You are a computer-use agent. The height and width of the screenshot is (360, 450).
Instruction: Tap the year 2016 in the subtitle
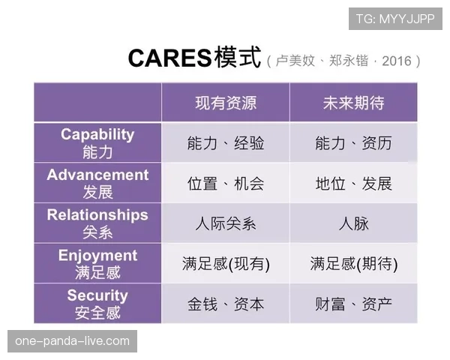click(397, 61)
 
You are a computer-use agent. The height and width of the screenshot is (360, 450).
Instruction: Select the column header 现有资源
click(226, 103)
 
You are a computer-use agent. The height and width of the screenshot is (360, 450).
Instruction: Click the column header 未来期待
click(353, 103)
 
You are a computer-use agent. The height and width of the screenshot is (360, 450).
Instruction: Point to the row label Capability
click(97, 135)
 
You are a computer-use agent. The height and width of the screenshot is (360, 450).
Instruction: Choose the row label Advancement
click(97, 175)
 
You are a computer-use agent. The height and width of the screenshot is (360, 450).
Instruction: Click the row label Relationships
click(97, 215)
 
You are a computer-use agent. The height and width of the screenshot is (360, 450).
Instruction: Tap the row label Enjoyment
click(97, 256)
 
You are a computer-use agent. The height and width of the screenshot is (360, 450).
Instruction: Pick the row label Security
click(97, 295)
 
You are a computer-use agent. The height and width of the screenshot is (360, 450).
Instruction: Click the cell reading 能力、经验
click(226, 143)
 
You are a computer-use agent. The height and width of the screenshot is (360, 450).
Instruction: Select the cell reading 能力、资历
click(353, 143)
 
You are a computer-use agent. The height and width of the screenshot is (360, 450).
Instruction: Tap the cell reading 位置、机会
click(226, 184)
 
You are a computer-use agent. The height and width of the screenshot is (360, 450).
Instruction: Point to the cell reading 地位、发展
click(353, 184)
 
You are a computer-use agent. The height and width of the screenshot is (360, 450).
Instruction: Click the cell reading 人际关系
click(226, 223)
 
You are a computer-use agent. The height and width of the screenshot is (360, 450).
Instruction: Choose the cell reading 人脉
click(353, 223)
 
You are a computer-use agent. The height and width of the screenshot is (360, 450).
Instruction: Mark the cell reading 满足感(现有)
click(226, 264)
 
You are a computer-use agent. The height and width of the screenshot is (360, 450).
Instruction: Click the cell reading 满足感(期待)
click(353, 264)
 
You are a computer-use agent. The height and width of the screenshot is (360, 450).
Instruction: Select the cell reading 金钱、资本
click(226, 304)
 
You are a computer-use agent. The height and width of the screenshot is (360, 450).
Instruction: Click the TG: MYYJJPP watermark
click(395, 19)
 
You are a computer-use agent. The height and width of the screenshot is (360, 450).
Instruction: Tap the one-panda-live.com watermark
click(72, 341)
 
